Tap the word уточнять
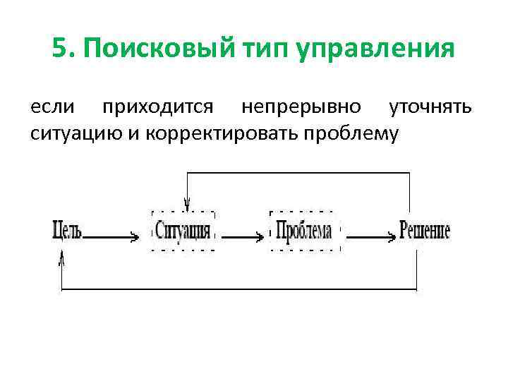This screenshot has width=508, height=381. [431, 108]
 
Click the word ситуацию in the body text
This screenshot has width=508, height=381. [76, 133]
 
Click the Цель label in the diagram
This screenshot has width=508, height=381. [68, 231]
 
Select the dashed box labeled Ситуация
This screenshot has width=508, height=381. [183, 231]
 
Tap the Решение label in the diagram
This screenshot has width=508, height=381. [425, 231]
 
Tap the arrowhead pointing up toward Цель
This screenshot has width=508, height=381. [62, 260]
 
